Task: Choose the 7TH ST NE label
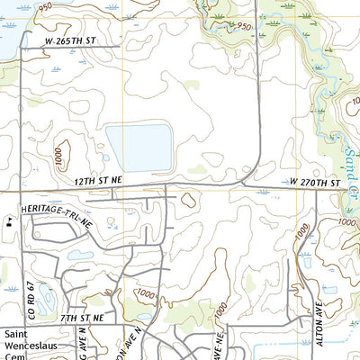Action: [x=83, y=319]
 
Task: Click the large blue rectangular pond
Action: [x=139, y=148]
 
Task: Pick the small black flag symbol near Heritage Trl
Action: [x=8, y=219]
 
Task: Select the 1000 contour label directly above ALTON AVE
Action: [x=304, y=237]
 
